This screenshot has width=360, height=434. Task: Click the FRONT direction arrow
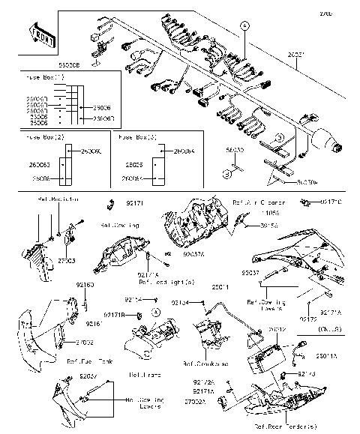pyautogui.click(x=40, y=33)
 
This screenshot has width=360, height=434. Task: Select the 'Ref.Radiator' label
pyautogui.click(x=57, y=201)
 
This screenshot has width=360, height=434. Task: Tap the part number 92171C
pyautogui.click(x=331, y=202)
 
